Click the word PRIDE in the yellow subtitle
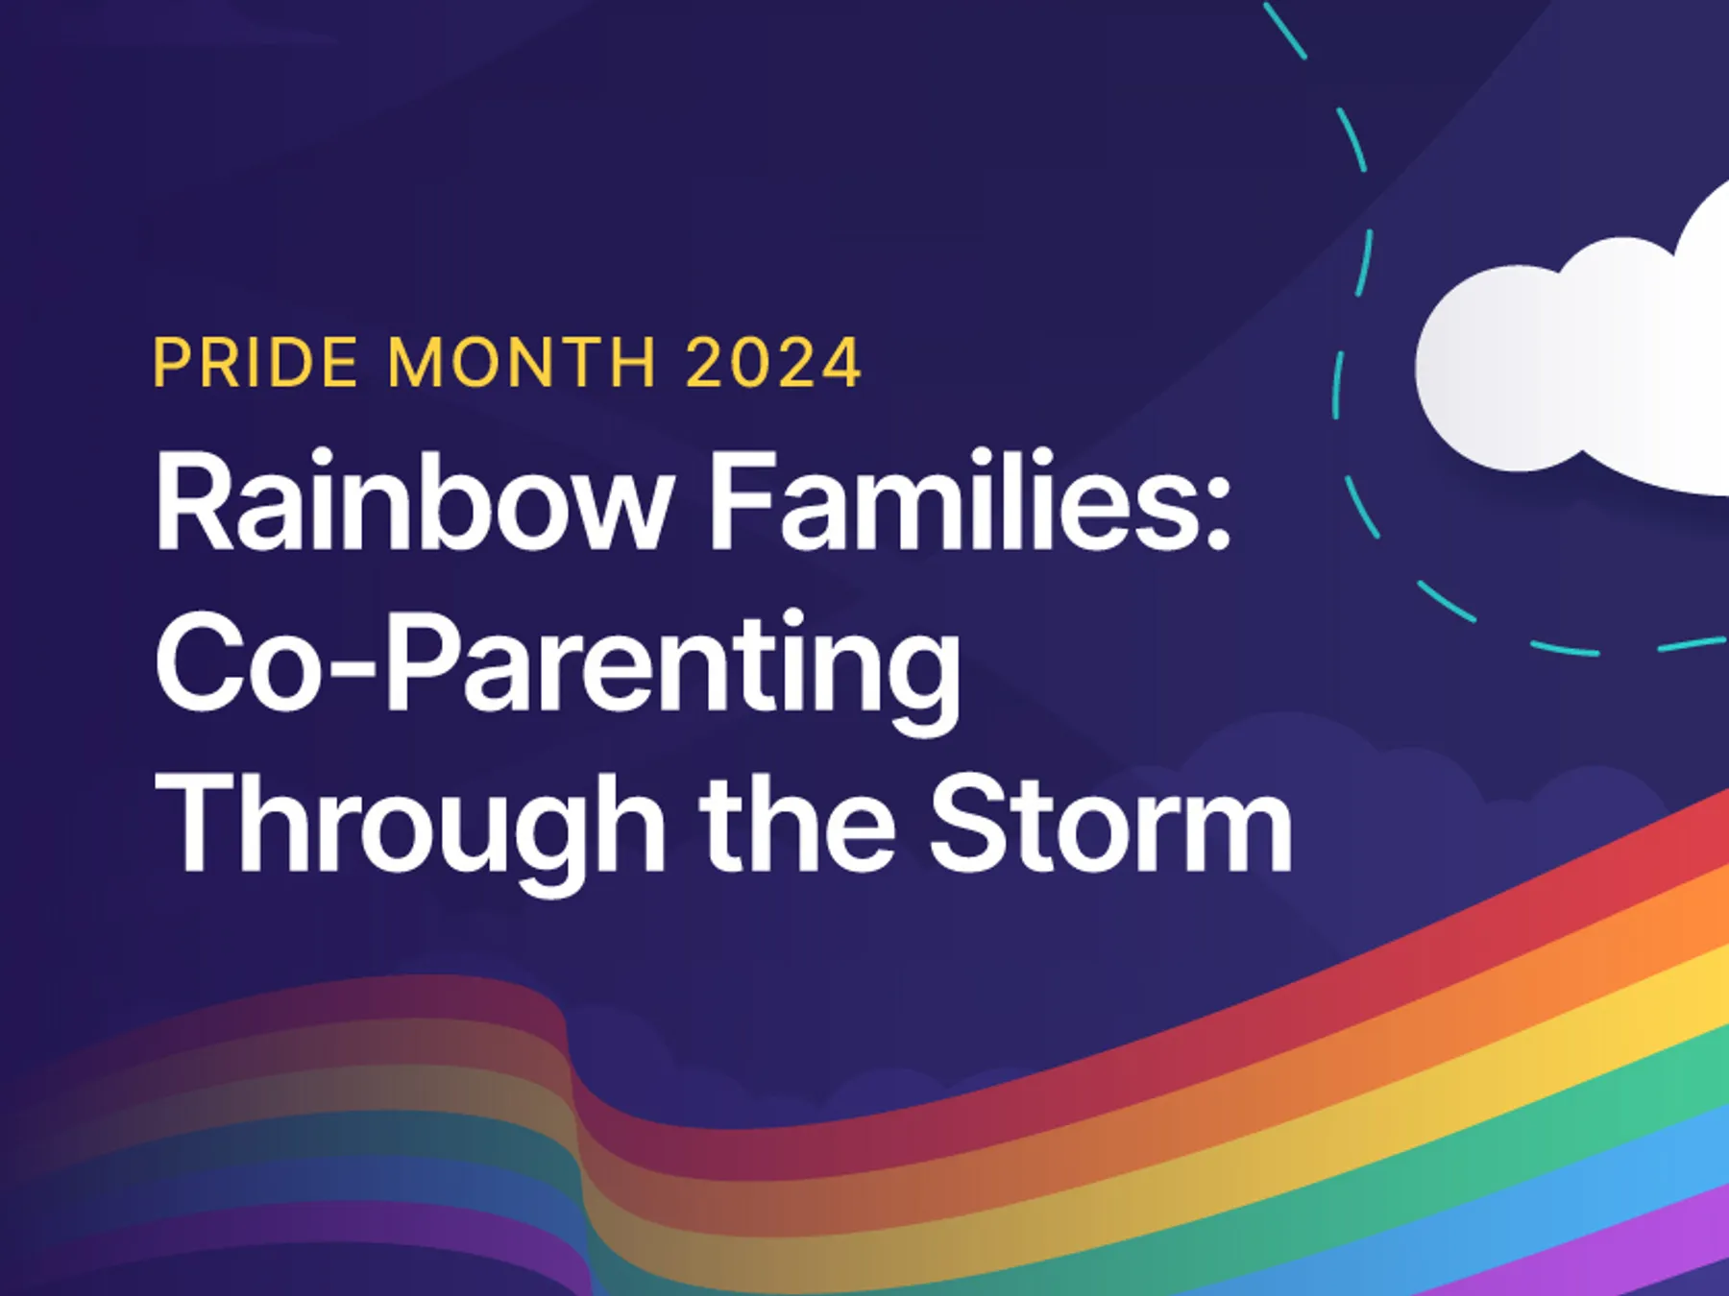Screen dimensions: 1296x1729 [x=255, y=363]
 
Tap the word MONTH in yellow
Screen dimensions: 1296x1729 [x=522, y=363]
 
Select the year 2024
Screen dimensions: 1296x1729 [x=773, y=363]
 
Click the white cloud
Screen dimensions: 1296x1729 [x=1585, y=365]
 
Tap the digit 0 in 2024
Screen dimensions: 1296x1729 [x=750, y=363]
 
